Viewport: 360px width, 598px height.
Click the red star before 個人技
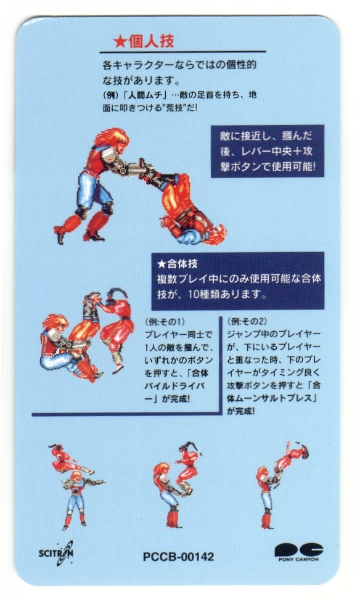click(120, 42)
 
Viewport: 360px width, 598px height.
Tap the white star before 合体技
click(162, 264)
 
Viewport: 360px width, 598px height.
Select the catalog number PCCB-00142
click(178, 557)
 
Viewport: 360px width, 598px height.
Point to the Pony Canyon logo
click(299, 552)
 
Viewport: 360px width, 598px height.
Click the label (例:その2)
click(247, 321)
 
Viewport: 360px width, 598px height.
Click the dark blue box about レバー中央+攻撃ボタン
click(268, 151)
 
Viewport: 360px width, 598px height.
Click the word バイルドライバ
click(174, 386)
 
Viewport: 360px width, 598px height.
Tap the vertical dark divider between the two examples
click(221, 366)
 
